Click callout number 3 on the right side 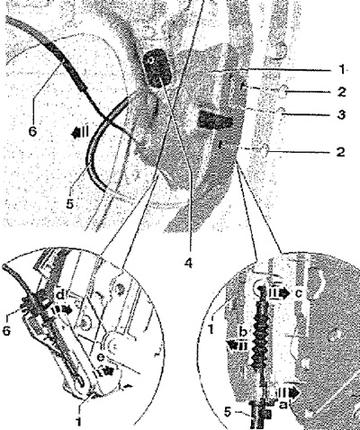click(x=340, y=114)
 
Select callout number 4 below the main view click(x=188, y=263)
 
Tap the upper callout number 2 click(x=341, y=92)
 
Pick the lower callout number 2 click(x=340, y=152)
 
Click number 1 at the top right click(x=342, y=70)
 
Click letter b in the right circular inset click(x=243, y=332)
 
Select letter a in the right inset click(x=283, y=405)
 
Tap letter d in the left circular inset click(x=60, y=296)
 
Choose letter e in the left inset click(x=101, y=357)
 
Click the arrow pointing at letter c click(x=277, y=293)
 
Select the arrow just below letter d click(x=64, y=309)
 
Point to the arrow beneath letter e click(x=105, y=372)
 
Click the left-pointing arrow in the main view click(x=80, y=132)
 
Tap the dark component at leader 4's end click(x=157, y=68)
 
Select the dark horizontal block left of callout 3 click(x=215, y=120)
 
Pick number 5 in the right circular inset click(x=228, y=413)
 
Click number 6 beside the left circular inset click(x=7, y=330)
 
